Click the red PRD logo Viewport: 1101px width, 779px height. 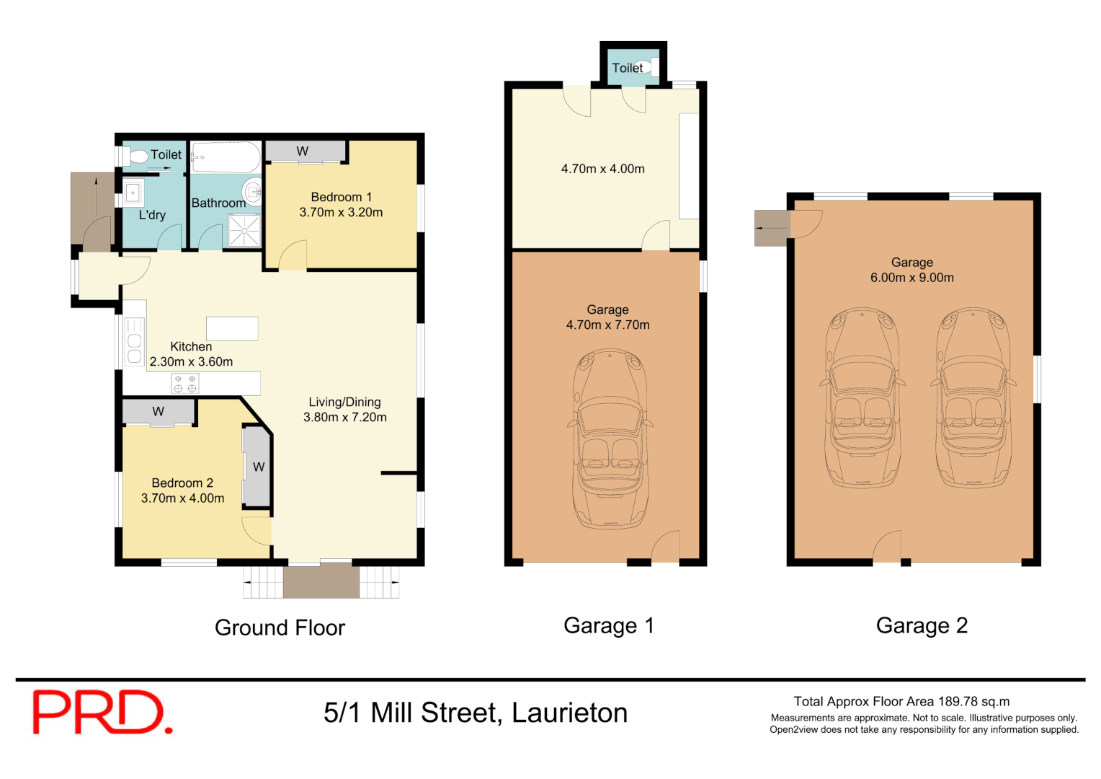tap(102, 712)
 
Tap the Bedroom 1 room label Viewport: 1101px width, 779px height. tap(341, 197)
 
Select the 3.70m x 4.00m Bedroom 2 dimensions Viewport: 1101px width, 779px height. tap(182, 498)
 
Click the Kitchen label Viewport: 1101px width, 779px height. tap(191, 346)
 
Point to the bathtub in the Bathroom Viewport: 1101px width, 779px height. tap(226, 157)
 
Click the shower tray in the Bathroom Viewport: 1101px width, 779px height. tap(244, 231)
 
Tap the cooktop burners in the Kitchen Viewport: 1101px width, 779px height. tap(185, 383)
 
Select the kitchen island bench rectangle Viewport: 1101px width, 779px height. tap(232, 328)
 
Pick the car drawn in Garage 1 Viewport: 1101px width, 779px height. tap(610, 439)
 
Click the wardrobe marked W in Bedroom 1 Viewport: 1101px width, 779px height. tap(303, 151)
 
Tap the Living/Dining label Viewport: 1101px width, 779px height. tap(344, 402)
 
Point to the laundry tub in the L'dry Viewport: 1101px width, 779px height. tap(133, 193)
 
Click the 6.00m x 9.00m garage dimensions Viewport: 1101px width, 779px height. tap(911, 278)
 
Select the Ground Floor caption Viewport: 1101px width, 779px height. tap(280, 628)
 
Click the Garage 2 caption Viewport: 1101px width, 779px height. tap(922, 625)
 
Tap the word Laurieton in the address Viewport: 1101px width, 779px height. tap(569, 713)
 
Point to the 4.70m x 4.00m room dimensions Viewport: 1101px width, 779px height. tap(602, 169)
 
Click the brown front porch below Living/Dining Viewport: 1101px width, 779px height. tap(321, 581)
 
